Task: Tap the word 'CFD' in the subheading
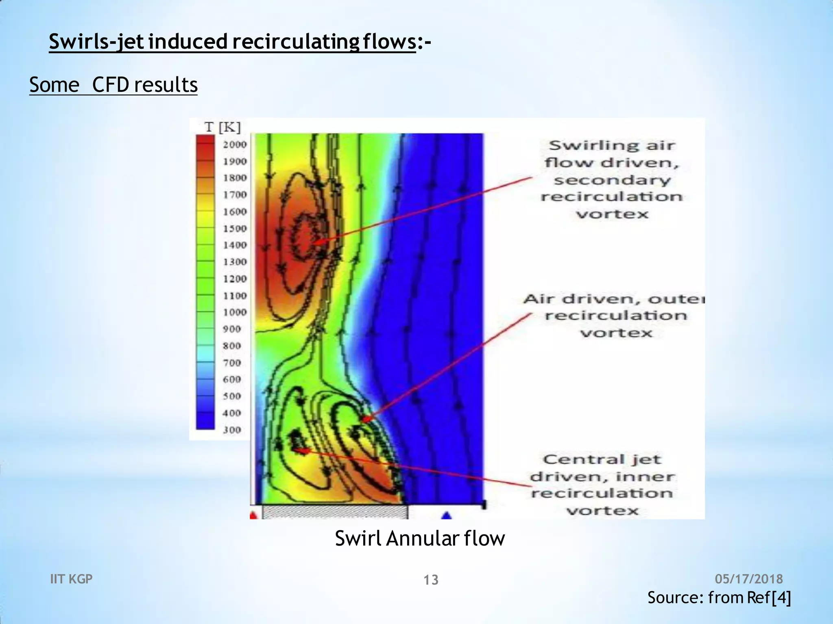click(x=110, y=85)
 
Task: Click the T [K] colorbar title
click(x=222, y=127)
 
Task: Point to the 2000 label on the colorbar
click(x=235, y=145)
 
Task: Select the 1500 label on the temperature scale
click(x=235, y=229)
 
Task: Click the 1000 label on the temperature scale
click(x=235, y=312)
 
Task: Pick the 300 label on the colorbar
click(x=232, y=430)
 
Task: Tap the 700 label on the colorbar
click(x=232, y=363)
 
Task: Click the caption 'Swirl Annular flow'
click(x=420, y=539)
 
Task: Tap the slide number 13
click(x=431, y=580)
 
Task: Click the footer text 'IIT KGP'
click(x=71, y=579)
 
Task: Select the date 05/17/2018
click(x=749, y=579)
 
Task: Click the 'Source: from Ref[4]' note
click(x=719, y=598)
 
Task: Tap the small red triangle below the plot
click(x=253, y=516)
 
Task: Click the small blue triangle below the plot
click(x=447, y=516)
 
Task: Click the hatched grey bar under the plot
click(x=334, y=512)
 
